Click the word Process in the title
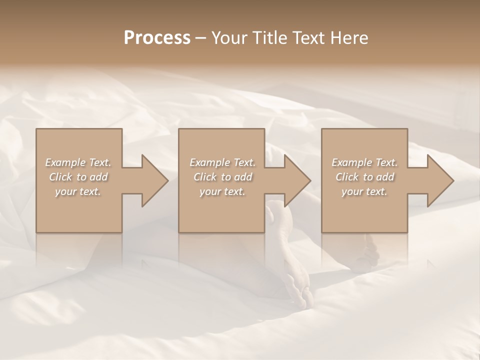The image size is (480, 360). point(157,38)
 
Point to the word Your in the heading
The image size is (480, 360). point(229,38)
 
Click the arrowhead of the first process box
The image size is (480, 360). point(152,180)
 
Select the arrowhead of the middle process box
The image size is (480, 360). point(295,180)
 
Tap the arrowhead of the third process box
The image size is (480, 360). point(438,180)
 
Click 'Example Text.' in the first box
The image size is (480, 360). point(78,162)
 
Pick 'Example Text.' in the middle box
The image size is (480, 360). point(222,162)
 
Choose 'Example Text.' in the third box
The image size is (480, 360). point(364,162)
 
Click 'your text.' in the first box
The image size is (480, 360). point(78,191)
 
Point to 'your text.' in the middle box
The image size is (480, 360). point(222,191)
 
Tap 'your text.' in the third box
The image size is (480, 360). point(364,191)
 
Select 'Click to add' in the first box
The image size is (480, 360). point(78,177)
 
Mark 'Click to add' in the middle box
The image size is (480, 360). point(222,177)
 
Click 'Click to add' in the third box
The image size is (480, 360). point(364,177)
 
